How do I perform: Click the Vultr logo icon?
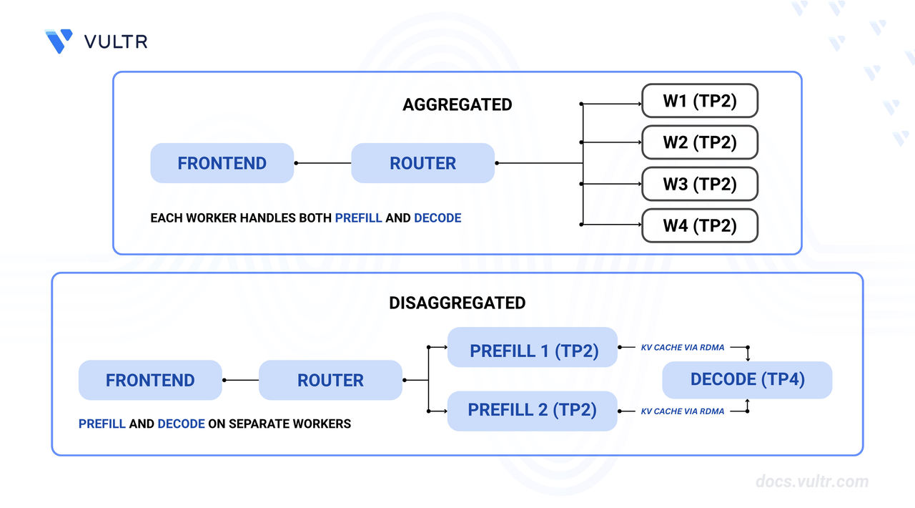coord(59,41)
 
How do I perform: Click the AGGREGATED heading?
coord(457,104)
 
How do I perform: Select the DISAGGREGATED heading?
coord(457,303)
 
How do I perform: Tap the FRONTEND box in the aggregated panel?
coord(222,163)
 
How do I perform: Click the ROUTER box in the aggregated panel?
coord(422,163)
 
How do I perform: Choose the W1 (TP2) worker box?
coord(699,101)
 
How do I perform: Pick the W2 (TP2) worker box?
coord(699,142)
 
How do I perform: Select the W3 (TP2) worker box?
coord(699,184)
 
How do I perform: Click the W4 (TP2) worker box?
coord(699,226)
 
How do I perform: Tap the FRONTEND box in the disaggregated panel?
coord(150,381)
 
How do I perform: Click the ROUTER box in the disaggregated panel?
coord(330,381)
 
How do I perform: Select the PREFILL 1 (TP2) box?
coord(533,351)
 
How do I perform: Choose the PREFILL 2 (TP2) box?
coord(533,411)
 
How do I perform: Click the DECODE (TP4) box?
coord(747,380)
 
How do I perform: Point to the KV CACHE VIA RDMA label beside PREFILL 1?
coord(683,348)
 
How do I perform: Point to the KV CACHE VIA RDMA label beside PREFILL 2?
coord(683,411)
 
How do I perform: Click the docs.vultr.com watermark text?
coord(812,482)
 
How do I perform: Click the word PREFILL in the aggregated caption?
coord(358,218)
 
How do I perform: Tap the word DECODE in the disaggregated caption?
coord(181,424)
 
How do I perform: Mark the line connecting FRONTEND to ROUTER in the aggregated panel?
coord(323,163)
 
